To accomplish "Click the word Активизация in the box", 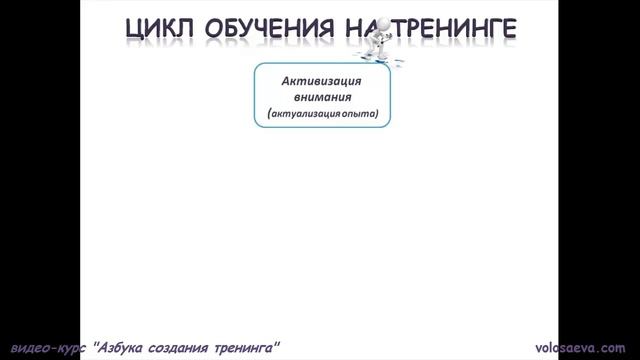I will tap(321, 82).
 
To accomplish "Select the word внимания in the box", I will tap(321, 99).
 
